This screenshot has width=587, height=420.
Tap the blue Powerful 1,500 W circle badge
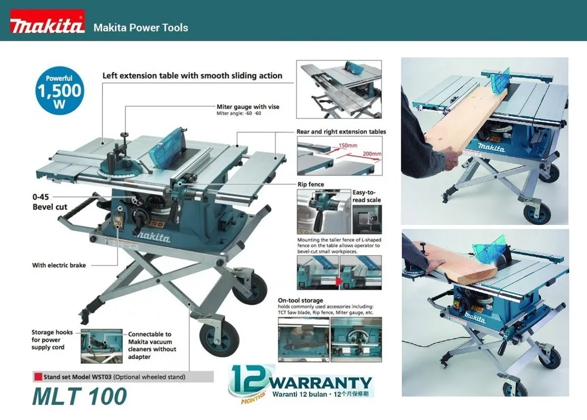[x=59, y=90]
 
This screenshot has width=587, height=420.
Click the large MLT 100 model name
[x=79, y=396]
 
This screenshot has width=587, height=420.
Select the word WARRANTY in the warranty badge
[x=320, y=383]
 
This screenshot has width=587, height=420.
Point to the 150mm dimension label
[x=348, y=145]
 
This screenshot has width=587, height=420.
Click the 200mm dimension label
[x=371, y=154]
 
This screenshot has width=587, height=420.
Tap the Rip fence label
[x=311, y=184]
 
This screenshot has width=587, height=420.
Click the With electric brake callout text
[x=59, y=265]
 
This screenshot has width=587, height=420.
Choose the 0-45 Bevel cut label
[x=49, y=202]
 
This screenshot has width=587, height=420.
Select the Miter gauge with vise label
[x=248, y=107]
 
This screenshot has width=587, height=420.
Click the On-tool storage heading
[x=300, y=301]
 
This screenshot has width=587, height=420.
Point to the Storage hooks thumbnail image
[x=101, y=346]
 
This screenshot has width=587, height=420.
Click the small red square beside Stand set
[x=38, y=376]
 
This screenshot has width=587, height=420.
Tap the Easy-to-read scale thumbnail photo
[x=367, y=220]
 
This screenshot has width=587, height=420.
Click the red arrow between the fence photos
[x=339, y=281]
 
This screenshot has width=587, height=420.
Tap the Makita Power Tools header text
[x=141, y=28]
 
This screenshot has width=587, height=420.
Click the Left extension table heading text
[x=193, y=76]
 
